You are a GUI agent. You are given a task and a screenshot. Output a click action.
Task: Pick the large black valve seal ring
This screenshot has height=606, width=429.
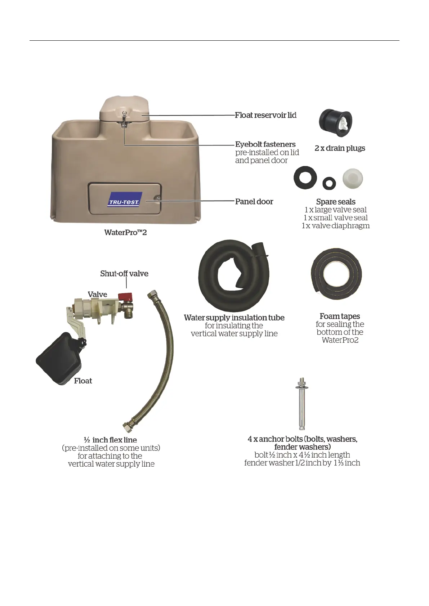coord(305,177)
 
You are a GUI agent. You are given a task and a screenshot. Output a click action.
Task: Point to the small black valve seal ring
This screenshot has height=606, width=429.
coord(329,183)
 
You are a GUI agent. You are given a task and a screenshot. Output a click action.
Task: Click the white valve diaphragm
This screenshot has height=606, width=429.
coord(352,178)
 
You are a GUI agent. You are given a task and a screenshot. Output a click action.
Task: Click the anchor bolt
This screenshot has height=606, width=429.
coord(302,403)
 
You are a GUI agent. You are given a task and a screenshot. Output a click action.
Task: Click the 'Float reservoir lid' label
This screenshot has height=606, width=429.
coord(265,115)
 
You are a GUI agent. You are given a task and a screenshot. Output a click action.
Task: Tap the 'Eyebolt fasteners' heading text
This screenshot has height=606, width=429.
coord(265,144)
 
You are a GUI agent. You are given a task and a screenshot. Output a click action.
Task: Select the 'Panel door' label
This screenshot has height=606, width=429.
coord(254,202)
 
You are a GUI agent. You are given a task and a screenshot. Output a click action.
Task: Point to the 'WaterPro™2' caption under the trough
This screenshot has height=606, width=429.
coord(125,233)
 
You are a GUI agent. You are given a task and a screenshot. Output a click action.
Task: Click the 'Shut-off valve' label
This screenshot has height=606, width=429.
coord(124,274)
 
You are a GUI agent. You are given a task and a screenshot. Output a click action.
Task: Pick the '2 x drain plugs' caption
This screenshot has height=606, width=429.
coord(340,148)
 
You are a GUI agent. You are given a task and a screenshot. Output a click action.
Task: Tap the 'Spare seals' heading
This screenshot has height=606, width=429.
coord(336,202)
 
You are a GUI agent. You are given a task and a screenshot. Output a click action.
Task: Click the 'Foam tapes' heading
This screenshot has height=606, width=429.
coord(340,317)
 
